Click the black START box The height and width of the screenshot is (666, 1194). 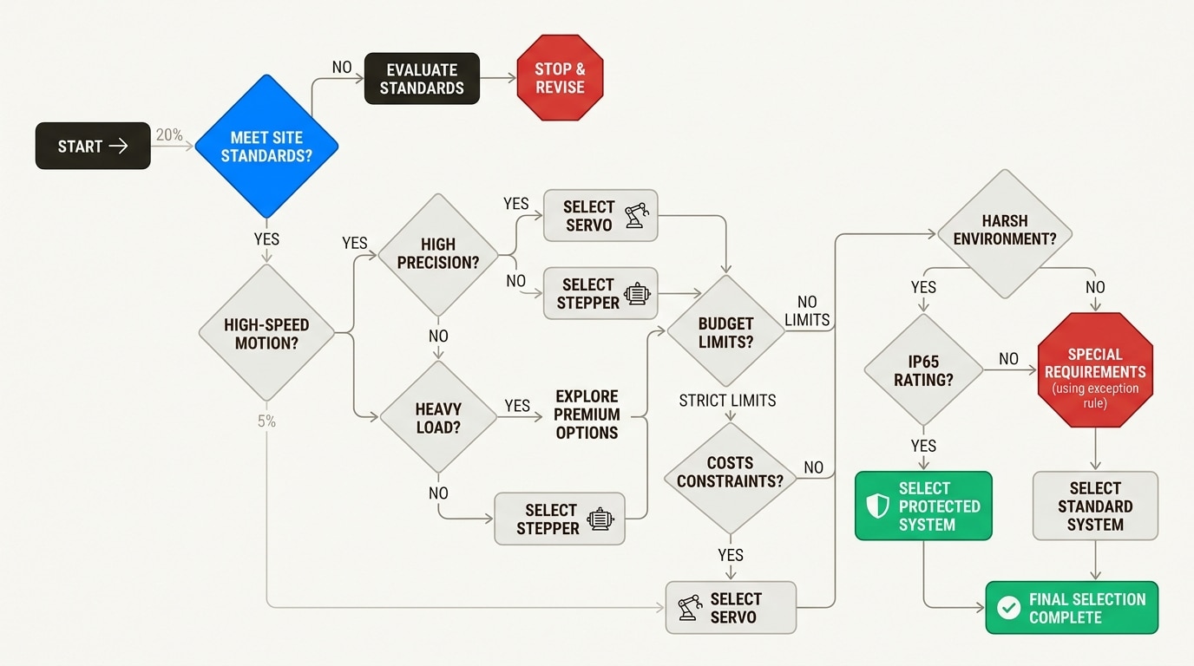(x=92, y=146)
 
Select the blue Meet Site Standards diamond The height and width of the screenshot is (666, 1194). (x=266, y=147)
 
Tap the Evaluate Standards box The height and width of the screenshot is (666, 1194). (x=422, y=79)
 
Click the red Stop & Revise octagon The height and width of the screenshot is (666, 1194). (x=560, y=79)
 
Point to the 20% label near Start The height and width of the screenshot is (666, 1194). (x=169, y=135)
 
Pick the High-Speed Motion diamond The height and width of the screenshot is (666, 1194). (x=266, y=333)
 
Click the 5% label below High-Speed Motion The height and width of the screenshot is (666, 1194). (x=266, y=421)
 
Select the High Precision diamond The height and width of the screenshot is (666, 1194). (x=438, y=253)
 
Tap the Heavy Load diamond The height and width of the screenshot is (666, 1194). (x=438, y=417)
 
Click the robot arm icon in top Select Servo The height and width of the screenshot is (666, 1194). (x=636, y=216)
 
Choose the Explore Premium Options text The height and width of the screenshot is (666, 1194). (x=587, y=415)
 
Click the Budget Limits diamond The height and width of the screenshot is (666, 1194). (x=726, y=332)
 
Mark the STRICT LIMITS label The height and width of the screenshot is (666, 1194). (x=727, y=401)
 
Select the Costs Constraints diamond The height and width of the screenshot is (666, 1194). (x=730, y=472)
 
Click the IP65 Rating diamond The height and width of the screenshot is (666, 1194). (x=924, y=371)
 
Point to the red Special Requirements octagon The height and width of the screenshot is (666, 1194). (x=1095, y=371)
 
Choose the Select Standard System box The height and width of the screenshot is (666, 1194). (x=1095, y=506)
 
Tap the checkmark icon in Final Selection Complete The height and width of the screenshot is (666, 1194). (x=1008, y=608)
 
